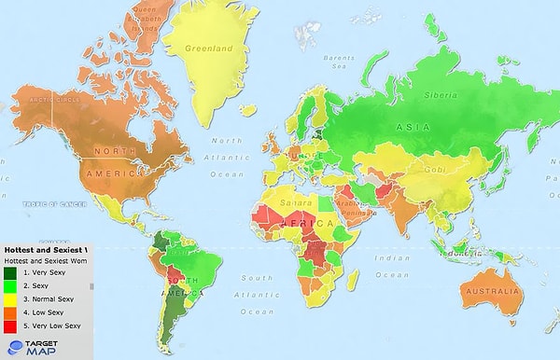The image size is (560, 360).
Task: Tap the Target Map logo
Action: [27, 348]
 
